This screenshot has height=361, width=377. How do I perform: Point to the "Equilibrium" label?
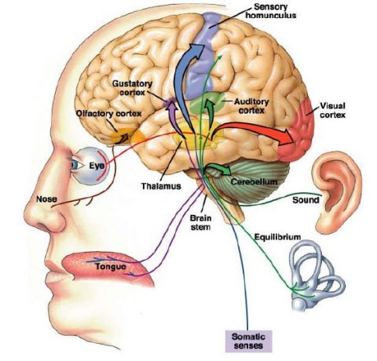(279, 234)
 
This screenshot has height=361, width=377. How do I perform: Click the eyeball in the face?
(83, 166)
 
